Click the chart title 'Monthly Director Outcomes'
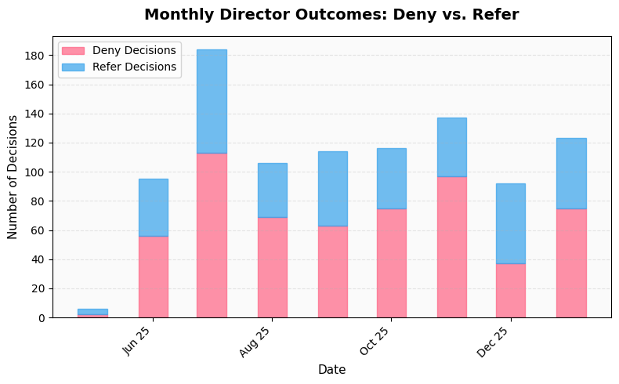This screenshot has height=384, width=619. pyautogui.click(x=331, y=15)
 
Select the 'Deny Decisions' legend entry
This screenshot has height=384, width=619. pyautogui.click(x=134, y=51)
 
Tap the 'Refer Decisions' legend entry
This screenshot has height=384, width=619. pyautogui.click(x=134, y=67)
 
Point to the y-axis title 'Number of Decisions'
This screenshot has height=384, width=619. pyautogui.click(x=13, y=176)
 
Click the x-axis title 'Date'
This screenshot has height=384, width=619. pyautogui.click(x=331, y=370)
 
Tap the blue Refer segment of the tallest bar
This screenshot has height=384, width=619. pyautogui.click(x=212, y=101)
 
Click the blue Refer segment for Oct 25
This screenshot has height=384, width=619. pyautogui.click(x=391, y=179)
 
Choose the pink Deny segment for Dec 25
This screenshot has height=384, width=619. pyautogui.click(x=510, y=291)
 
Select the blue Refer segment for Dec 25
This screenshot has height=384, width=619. pyautogui.click(x=510, y=223)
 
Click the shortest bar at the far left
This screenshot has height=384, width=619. pyautogui.click(x=92, y=313)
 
